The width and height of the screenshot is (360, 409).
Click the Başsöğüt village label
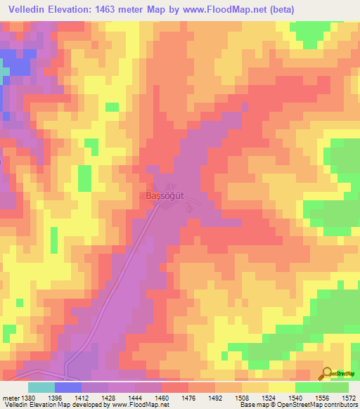[x=165, y=196]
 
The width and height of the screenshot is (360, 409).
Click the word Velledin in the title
[x=32, y=9]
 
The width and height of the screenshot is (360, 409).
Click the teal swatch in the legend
[x=41, y=387]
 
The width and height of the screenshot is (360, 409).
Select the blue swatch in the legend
[x=68, y=387]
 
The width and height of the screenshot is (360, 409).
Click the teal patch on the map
[x=4, y=71]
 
